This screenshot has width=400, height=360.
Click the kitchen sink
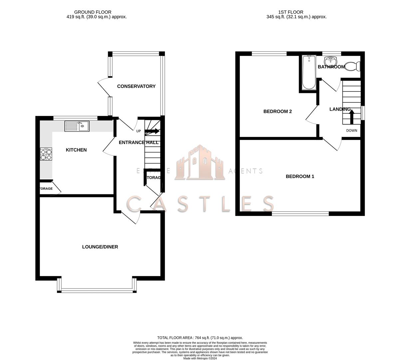pos(77,126)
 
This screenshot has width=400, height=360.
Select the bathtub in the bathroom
pos(309,72)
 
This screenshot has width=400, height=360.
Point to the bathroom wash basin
pos(331,61)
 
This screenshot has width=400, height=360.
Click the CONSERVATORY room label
pos(136,86)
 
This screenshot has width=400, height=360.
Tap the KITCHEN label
pos(76,150)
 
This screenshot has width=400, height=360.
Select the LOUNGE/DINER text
pos(100,247)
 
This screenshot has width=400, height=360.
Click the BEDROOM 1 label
pos(300,176)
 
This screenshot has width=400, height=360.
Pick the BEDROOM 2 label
pos(277,111)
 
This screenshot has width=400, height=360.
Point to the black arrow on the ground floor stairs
pos(152,131)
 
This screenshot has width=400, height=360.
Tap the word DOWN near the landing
pos(351,131)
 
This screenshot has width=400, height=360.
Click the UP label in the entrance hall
pos(139,131)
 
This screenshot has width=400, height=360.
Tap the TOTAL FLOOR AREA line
pos(200,338)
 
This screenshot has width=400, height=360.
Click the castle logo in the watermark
pos(200,163)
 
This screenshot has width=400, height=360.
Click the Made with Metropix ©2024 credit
pos(200,358)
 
